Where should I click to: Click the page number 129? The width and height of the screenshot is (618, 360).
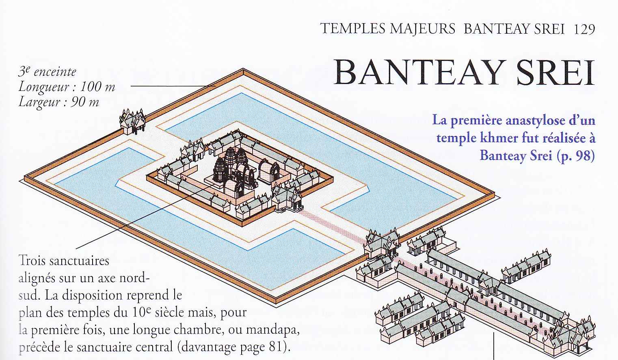(584, 29)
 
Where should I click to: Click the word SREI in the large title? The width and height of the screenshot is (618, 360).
(555, 73)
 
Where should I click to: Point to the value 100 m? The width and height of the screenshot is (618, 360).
(97, 87)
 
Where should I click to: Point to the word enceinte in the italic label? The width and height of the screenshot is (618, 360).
(55, 72)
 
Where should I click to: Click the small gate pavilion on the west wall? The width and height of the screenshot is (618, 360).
(132, 122)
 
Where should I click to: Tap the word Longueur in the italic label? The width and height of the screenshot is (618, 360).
(43, 87)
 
